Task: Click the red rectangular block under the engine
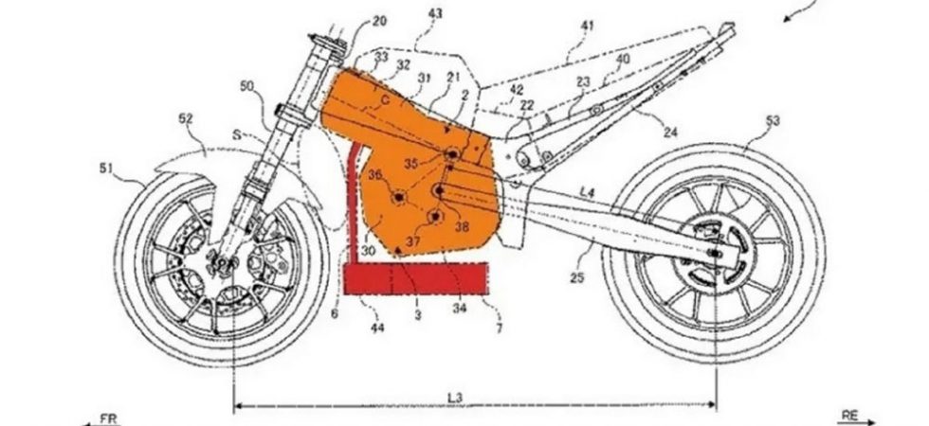417,277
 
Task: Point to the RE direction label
849,415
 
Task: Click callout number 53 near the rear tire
773,120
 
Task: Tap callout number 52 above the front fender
185,118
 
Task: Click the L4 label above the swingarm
588,192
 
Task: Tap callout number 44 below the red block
377,327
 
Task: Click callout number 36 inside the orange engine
375,175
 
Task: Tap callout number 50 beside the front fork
246,86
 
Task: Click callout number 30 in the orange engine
368,250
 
